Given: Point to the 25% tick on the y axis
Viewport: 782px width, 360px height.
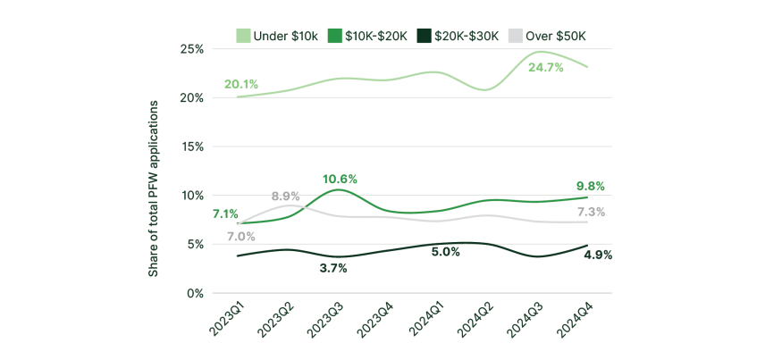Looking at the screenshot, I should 193,48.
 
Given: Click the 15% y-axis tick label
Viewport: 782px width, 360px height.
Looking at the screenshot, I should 193,147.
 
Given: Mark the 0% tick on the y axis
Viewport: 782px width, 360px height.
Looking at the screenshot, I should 197,293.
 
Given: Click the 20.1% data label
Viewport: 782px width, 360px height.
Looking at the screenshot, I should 241,84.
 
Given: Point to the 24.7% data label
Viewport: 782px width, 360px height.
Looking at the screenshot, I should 545,67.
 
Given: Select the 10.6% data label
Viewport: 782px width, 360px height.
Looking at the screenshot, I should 340,179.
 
